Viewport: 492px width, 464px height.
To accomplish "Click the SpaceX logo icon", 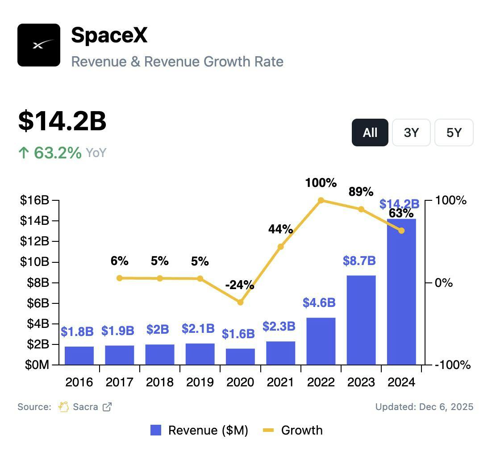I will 39,45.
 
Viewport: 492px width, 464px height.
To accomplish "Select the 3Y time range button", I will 411,133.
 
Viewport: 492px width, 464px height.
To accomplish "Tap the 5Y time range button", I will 454,133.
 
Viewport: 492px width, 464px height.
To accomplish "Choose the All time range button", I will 370,133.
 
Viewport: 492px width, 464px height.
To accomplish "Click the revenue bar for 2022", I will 321,341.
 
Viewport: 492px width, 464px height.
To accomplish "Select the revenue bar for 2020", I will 240,356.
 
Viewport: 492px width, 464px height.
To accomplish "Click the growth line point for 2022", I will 321,201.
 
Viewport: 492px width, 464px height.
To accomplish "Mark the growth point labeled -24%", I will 240,302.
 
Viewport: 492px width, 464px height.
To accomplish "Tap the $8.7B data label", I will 359,261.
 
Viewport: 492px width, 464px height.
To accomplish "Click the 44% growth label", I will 280,229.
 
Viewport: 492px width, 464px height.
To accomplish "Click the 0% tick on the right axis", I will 443,283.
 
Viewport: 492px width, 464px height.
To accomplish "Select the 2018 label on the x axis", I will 159,382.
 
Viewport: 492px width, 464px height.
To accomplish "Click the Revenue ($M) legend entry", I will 199,430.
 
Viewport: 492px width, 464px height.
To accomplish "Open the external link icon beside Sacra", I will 107,407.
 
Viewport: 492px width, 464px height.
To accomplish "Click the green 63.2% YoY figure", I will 57,153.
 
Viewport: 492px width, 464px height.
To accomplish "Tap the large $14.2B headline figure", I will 62,121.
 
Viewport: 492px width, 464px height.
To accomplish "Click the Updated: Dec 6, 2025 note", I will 424,407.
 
